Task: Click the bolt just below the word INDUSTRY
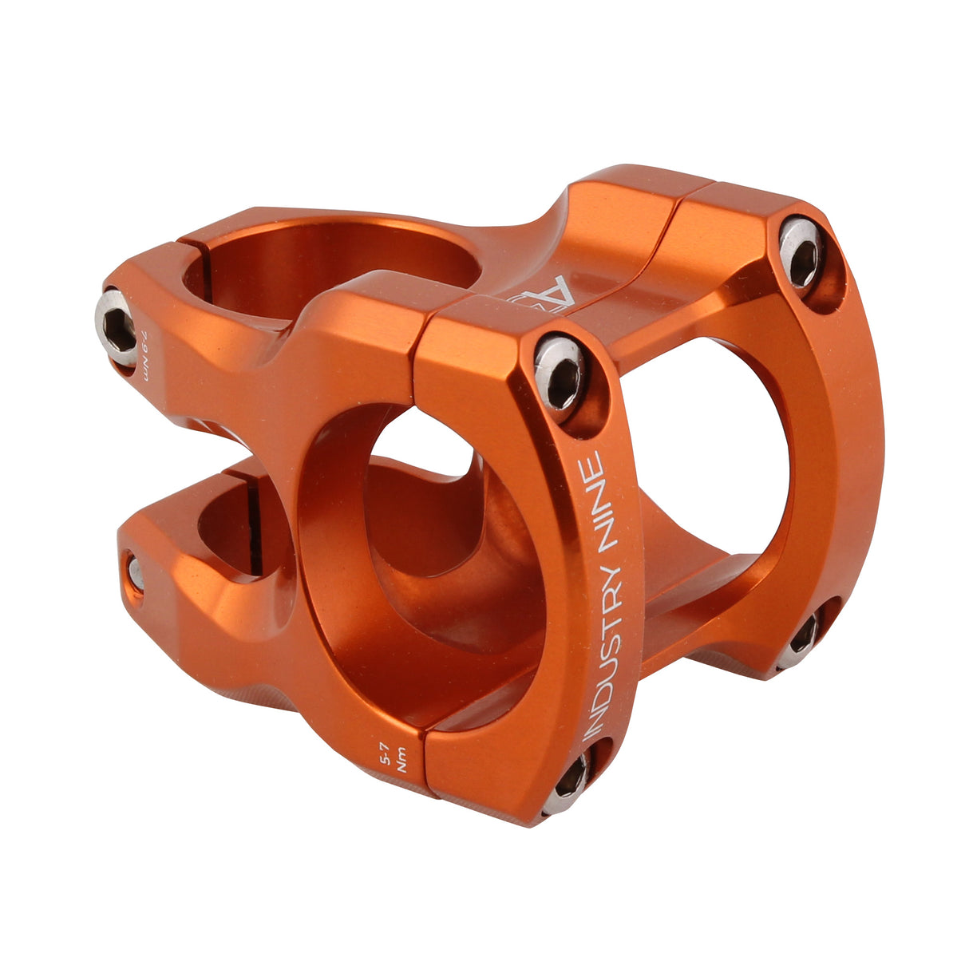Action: (x=569, y=779)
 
